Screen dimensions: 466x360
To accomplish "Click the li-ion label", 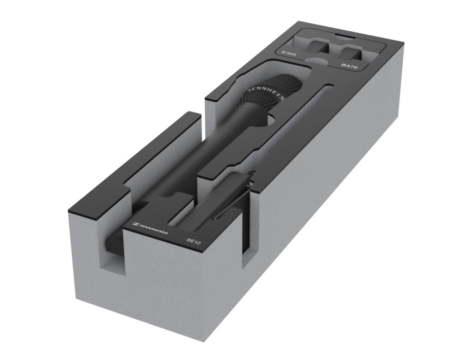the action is (289, 53).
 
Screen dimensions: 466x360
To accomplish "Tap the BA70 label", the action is (349, 66).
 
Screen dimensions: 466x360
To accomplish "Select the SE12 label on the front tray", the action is (194, 241).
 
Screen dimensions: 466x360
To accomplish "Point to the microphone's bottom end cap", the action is (114, 242).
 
